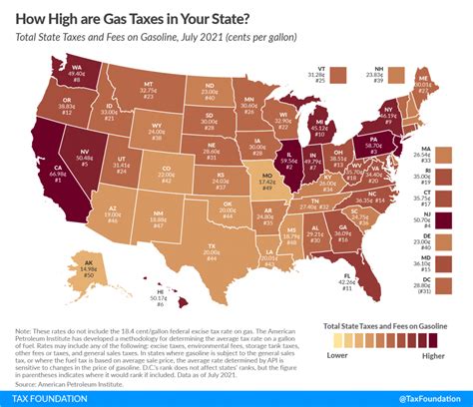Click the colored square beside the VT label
tap(342, 73)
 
